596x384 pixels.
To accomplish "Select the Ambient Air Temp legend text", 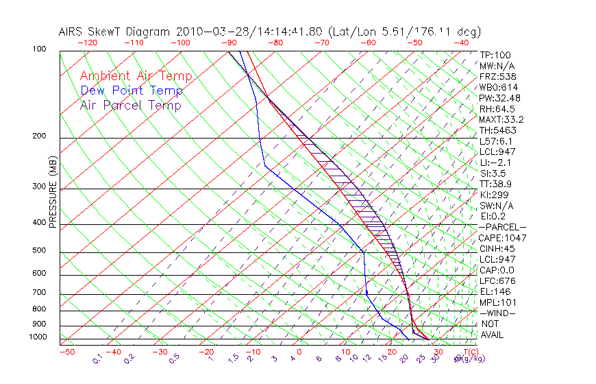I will pyautogui.click(x=136, y=76).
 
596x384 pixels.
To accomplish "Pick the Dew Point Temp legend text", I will pyautogui.click(x=131, y=91).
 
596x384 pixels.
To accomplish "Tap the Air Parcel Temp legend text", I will pyautogui.click(x=130, y=105).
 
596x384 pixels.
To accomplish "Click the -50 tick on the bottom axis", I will pyautogui.click(x=66, y=352).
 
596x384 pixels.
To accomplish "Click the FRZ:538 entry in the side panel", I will pyautogui.click(x=498, y=76).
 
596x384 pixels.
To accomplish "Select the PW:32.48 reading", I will pyautogui.click(x=499, y=98).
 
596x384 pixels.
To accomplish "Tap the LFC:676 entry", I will pyautogui.click(x=497, y=280).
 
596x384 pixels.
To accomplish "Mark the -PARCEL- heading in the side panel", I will pyautogui.click(x=502, y=227).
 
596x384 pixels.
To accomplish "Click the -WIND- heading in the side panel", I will pyautogui.click(x=497, y=313).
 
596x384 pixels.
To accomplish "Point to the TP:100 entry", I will pyautogui.click(x=495, y=55).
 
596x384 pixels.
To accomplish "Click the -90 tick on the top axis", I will pyautogui.click(x=228, y=43).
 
